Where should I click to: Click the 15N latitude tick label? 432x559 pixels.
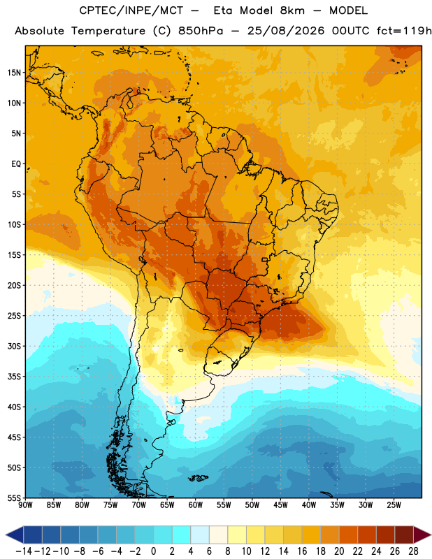14,73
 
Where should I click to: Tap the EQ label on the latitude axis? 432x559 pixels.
16,164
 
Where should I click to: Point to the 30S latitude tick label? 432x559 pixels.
14,346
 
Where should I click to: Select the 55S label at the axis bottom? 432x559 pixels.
14,498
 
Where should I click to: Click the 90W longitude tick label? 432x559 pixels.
25,505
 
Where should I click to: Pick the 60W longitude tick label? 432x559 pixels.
196,505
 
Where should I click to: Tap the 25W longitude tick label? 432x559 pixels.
394,505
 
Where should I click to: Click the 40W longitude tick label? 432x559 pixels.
309,505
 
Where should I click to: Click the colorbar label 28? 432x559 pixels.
413,551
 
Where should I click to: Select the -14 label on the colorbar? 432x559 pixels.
24,551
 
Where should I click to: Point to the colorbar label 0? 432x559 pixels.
153,551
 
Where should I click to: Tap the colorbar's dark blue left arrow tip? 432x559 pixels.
6,535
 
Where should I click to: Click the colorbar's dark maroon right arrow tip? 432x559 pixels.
430,535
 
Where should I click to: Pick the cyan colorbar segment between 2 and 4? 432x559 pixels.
181,535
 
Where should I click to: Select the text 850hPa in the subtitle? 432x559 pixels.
201,31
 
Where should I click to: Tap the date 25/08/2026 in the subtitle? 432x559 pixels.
286,31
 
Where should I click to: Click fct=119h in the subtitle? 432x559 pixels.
404,31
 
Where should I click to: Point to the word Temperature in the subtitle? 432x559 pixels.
108,31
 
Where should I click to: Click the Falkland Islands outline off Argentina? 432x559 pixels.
198,478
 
